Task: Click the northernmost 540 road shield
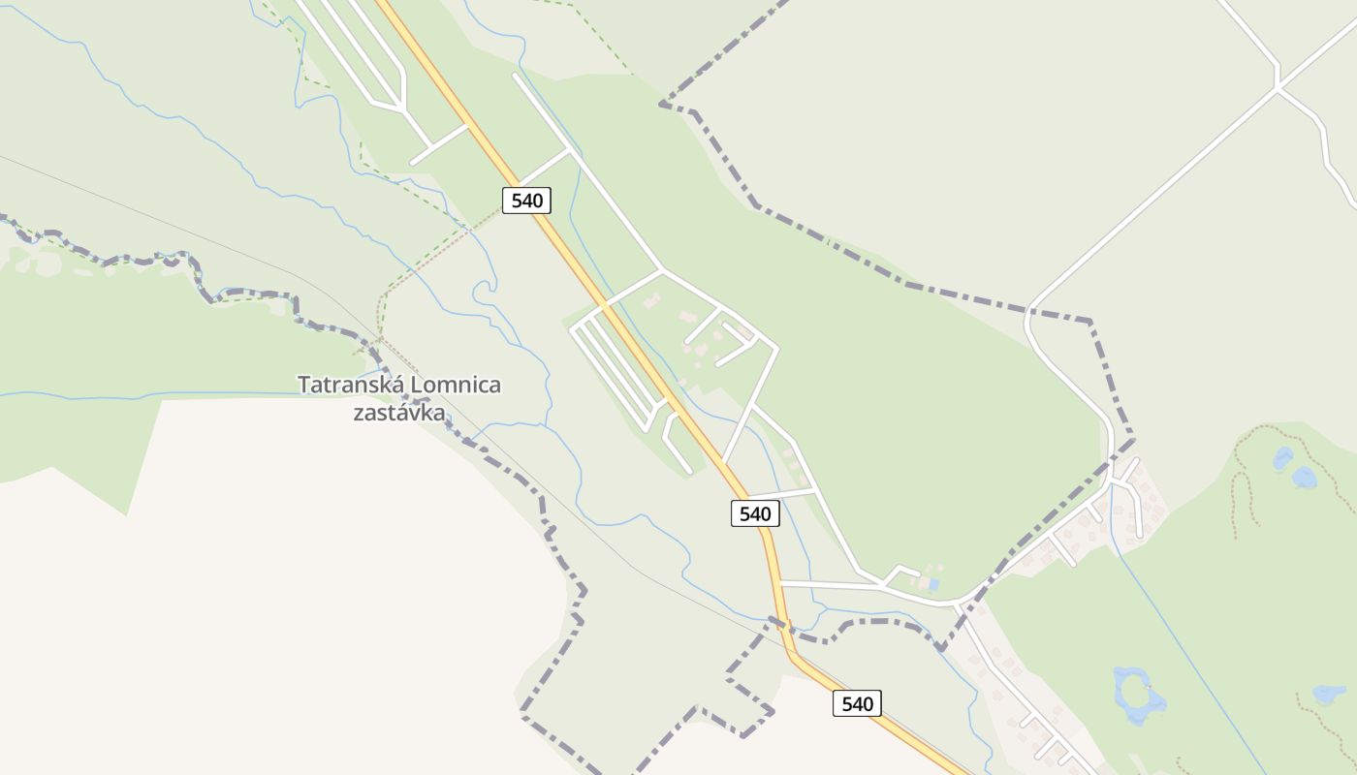click(x=526, y=201)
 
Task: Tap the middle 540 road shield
click(x=754, y=513)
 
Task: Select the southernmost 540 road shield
click(x=857, y=703)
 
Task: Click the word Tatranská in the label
click(x=351, y=385)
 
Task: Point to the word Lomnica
click(x=456, y=385)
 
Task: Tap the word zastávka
click(x=398, y=413)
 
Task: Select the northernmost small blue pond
click(x=1283, y=457)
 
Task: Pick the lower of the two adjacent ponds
click(x=1305, y=477)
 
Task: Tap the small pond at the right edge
click(x=1329, y=694)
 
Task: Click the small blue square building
click(x=932, y=585)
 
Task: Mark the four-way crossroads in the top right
click(x=1278, y=88)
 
